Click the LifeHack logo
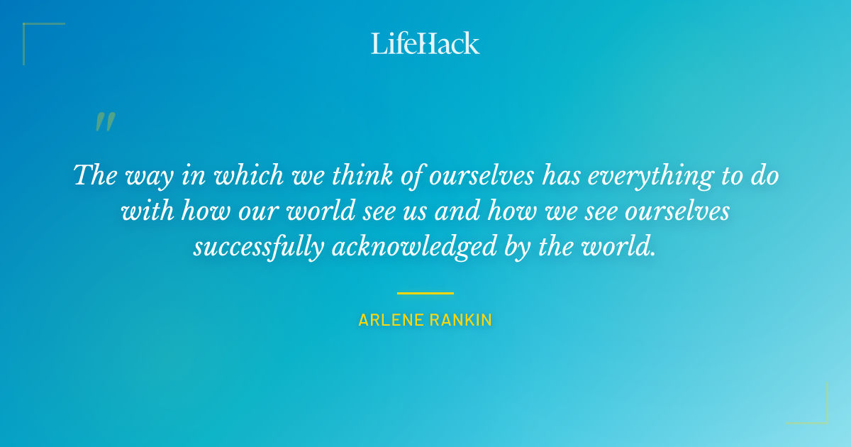click(x=425, y=43)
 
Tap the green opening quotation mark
click(x=105, y=122)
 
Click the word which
click(x=228, y=175)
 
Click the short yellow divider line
click(x=425, y=293)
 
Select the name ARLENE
click(x=391, y=320)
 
